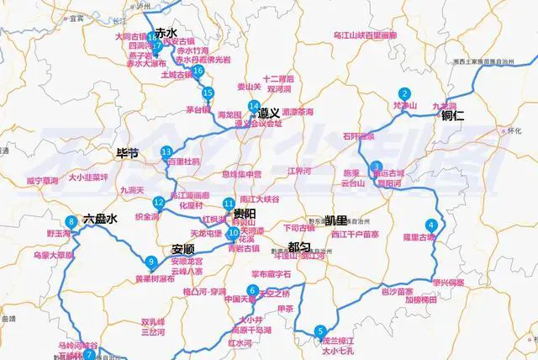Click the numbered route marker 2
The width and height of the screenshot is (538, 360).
405,93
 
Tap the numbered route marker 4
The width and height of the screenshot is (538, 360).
431,225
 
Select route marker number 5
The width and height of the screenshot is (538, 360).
319,331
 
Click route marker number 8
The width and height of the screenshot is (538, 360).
71,222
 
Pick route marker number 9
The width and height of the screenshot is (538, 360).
150,262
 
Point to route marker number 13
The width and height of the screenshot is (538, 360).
166,151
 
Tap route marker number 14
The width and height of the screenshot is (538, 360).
253,106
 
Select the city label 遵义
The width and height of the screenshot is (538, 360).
269,113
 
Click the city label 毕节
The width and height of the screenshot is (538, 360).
127,154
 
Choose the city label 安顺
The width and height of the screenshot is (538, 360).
183,249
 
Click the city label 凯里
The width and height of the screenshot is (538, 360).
335,220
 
